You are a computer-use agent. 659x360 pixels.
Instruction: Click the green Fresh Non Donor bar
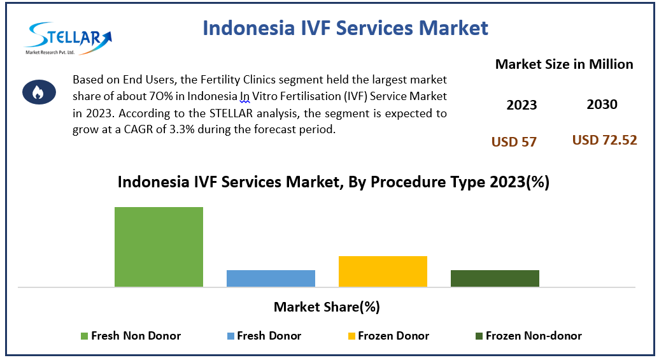click(159, 247)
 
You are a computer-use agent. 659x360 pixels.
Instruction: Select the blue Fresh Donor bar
click(271, 278)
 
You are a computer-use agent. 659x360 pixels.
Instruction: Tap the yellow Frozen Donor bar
click(383, 271)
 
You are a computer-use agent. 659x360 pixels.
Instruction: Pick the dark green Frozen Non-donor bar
click(495, 278)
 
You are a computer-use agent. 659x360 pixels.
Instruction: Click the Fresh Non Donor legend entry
click(131, 336)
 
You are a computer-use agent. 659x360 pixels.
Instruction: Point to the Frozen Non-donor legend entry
click(528, 336)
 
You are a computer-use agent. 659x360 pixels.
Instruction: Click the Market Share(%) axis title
click(327, 307)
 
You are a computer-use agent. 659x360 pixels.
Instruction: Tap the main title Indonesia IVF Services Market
click(345, 28)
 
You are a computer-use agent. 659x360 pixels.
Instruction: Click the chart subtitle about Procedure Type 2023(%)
click(333, 182)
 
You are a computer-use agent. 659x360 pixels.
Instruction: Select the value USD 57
click(514, 142)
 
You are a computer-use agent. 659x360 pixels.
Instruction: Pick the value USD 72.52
click(604, 140)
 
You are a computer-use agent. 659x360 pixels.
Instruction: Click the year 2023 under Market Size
click(521, 105)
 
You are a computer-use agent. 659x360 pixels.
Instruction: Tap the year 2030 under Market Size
click(602, 104)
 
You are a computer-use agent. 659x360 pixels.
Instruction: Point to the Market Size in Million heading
click(564, 64)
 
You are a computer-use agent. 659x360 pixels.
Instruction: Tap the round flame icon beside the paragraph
click(38, 92)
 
